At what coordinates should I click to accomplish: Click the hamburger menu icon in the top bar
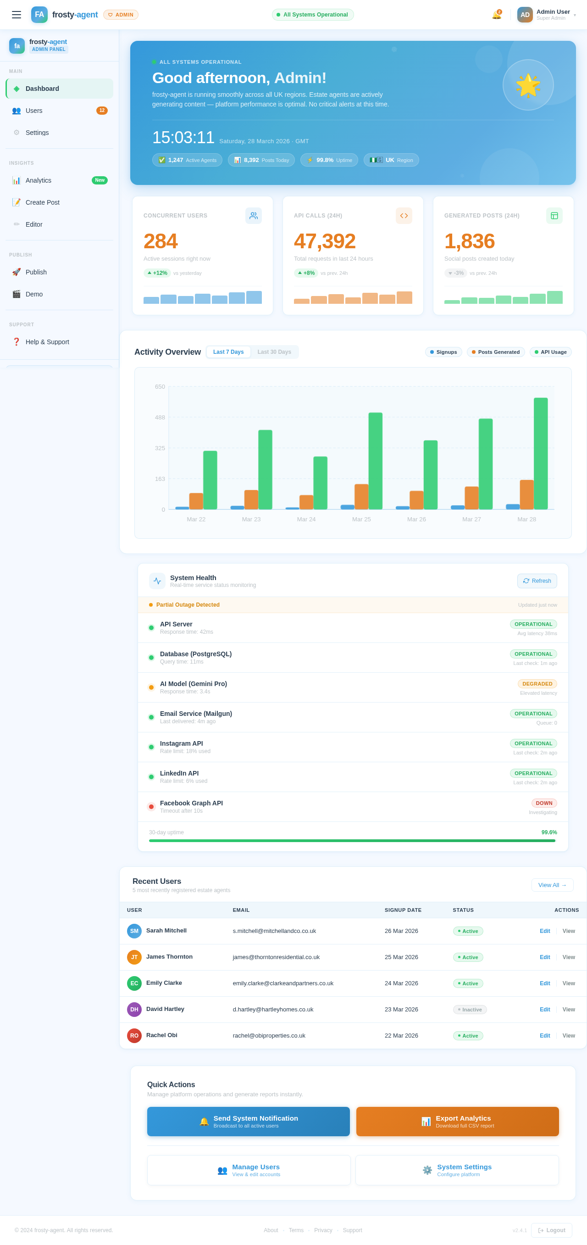coord(17,15)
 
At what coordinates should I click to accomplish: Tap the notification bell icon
coord(496,15)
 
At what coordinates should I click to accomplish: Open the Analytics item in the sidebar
coord(39,180)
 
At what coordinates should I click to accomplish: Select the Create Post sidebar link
coord(43,202)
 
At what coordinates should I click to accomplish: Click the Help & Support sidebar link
coord(47,342)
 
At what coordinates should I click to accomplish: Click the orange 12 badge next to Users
coord(101,111)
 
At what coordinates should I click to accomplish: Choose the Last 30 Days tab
coord(274,352)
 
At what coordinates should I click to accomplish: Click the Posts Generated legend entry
coord(495,352)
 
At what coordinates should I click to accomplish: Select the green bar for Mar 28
coord(540,453)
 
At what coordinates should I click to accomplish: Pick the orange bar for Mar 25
coord(361,497)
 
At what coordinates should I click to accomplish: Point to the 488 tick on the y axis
coord(160,418)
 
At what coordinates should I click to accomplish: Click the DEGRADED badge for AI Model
coord(537,684)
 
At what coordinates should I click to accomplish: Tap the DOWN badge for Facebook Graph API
coord(543,803)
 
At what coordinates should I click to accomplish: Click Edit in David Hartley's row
coord(544,1010)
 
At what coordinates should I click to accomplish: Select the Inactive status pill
coord(469,1010)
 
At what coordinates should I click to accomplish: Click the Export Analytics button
coord(457,1121)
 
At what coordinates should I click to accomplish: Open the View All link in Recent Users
coord(552,885)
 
